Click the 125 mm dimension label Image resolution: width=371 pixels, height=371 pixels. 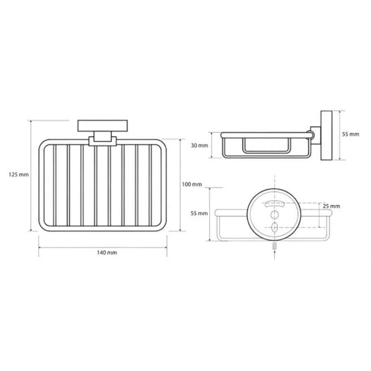tap(19, 175)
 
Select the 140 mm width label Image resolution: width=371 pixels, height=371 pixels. tap(107, 252)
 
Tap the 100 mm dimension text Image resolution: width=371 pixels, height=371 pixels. tap(192, 184)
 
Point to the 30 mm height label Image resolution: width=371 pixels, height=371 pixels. tap(200, 145)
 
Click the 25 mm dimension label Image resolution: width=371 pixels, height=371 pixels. tap(331, 206)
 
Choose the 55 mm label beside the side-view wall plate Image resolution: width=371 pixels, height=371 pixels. tap(351, 134)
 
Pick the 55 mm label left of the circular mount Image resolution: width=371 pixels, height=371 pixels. tap(199, 213)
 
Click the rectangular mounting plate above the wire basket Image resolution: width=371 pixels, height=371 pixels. tap(103, 126)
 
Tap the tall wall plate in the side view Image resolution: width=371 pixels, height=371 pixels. tap(326, 135)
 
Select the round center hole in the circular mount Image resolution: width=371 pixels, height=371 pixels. tap(275, 215)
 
